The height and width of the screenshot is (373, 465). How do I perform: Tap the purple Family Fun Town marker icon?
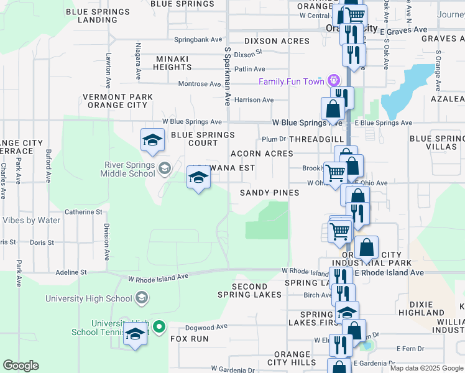(x=334, y=80)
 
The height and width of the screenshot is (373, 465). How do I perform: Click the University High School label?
(x=88, y=298)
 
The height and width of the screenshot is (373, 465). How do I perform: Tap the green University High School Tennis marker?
(x=159, y=326)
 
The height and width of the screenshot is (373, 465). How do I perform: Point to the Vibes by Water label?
(x=30, y=220)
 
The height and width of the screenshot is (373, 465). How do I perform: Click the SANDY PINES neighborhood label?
(x=270, y=193)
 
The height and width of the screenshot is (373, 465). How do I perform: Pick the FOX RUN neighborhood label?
(x=190, y=339)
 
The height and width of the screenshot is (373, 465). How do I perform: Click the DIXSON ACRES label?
(x=277, y=41)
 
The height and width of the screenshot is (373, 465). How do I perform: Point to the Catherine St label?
(x=83, y=212)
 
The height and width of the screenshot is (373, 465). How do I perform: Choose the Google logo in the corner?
(x=21, y=366)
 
